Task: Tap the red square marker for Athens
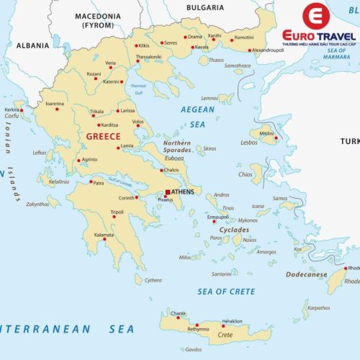(168, 192)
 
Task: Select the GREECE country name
(103, 136)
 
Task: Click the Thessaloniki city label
(149, 56)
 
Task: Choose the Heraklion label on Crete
(231, 320)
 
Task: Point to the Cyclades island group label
(235, 230)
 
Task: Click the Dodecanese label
(305, 274)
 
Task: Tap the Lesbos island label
(248, 143)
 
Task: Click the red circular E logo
(315, 17)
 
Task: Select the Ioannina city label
(55, 104)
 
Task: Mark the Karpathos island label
(318, 307)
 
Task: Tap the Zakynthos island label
(37, 204)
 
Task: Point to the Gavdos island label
(193, 349)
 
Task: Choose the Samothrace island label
(238, 66)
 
